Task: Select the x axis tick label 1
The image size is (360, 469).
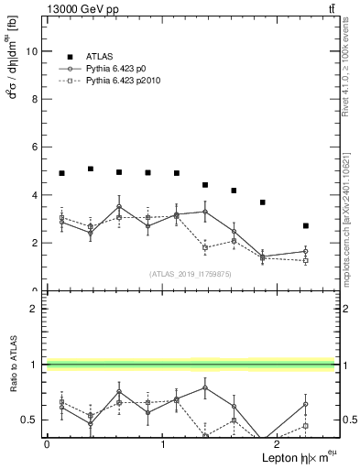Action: pyautogui.click(x=163, y=444)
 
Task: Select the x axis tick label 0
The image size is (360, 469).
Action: pyautogui.click(x=47, y=444)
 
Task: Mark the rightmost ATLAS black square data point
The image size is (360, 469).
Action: pyautogui.click(x=305, y=225)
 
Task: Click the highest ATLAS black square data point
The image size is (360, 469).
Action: pyautogui.click(x=91, y=169)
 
